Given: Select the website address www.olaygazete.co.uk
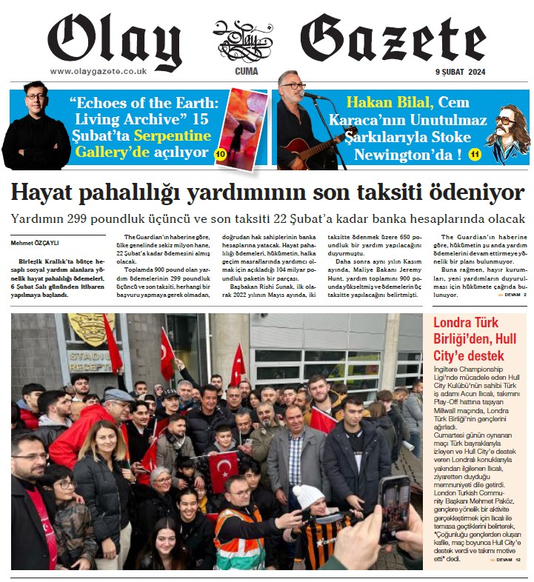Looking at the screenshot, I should (98, 71).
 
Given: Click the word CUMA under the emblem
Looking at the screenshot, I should (246, 72).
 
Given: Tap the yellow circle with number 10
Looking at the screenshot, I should (220, 154).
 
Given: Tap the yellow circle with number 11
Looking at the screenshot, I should (475, 154).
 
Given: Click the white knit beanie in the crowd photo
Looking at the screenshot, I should (308, 494).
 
